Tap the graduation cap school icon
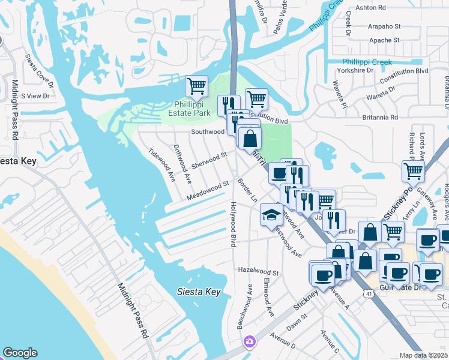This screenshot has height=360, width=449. point(271,214)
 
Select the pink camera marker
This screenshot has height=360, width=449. point(249,342)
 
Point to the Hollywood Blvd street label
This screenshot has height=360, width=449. point(233,224)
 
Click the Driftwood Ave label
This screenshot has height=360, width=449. point(182,163)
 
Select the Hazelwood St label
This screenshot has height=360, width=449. point(259,272)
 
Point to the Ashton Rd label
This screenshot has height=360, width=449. point(370,7)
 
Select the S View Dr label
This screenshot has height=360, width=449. point(34,95)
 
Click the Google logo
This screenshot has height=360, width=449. point(20,353)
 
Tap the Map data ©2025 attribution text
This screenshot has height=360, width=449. point(424,355)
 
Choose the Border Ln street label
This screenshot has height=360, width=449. point(247,190)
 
